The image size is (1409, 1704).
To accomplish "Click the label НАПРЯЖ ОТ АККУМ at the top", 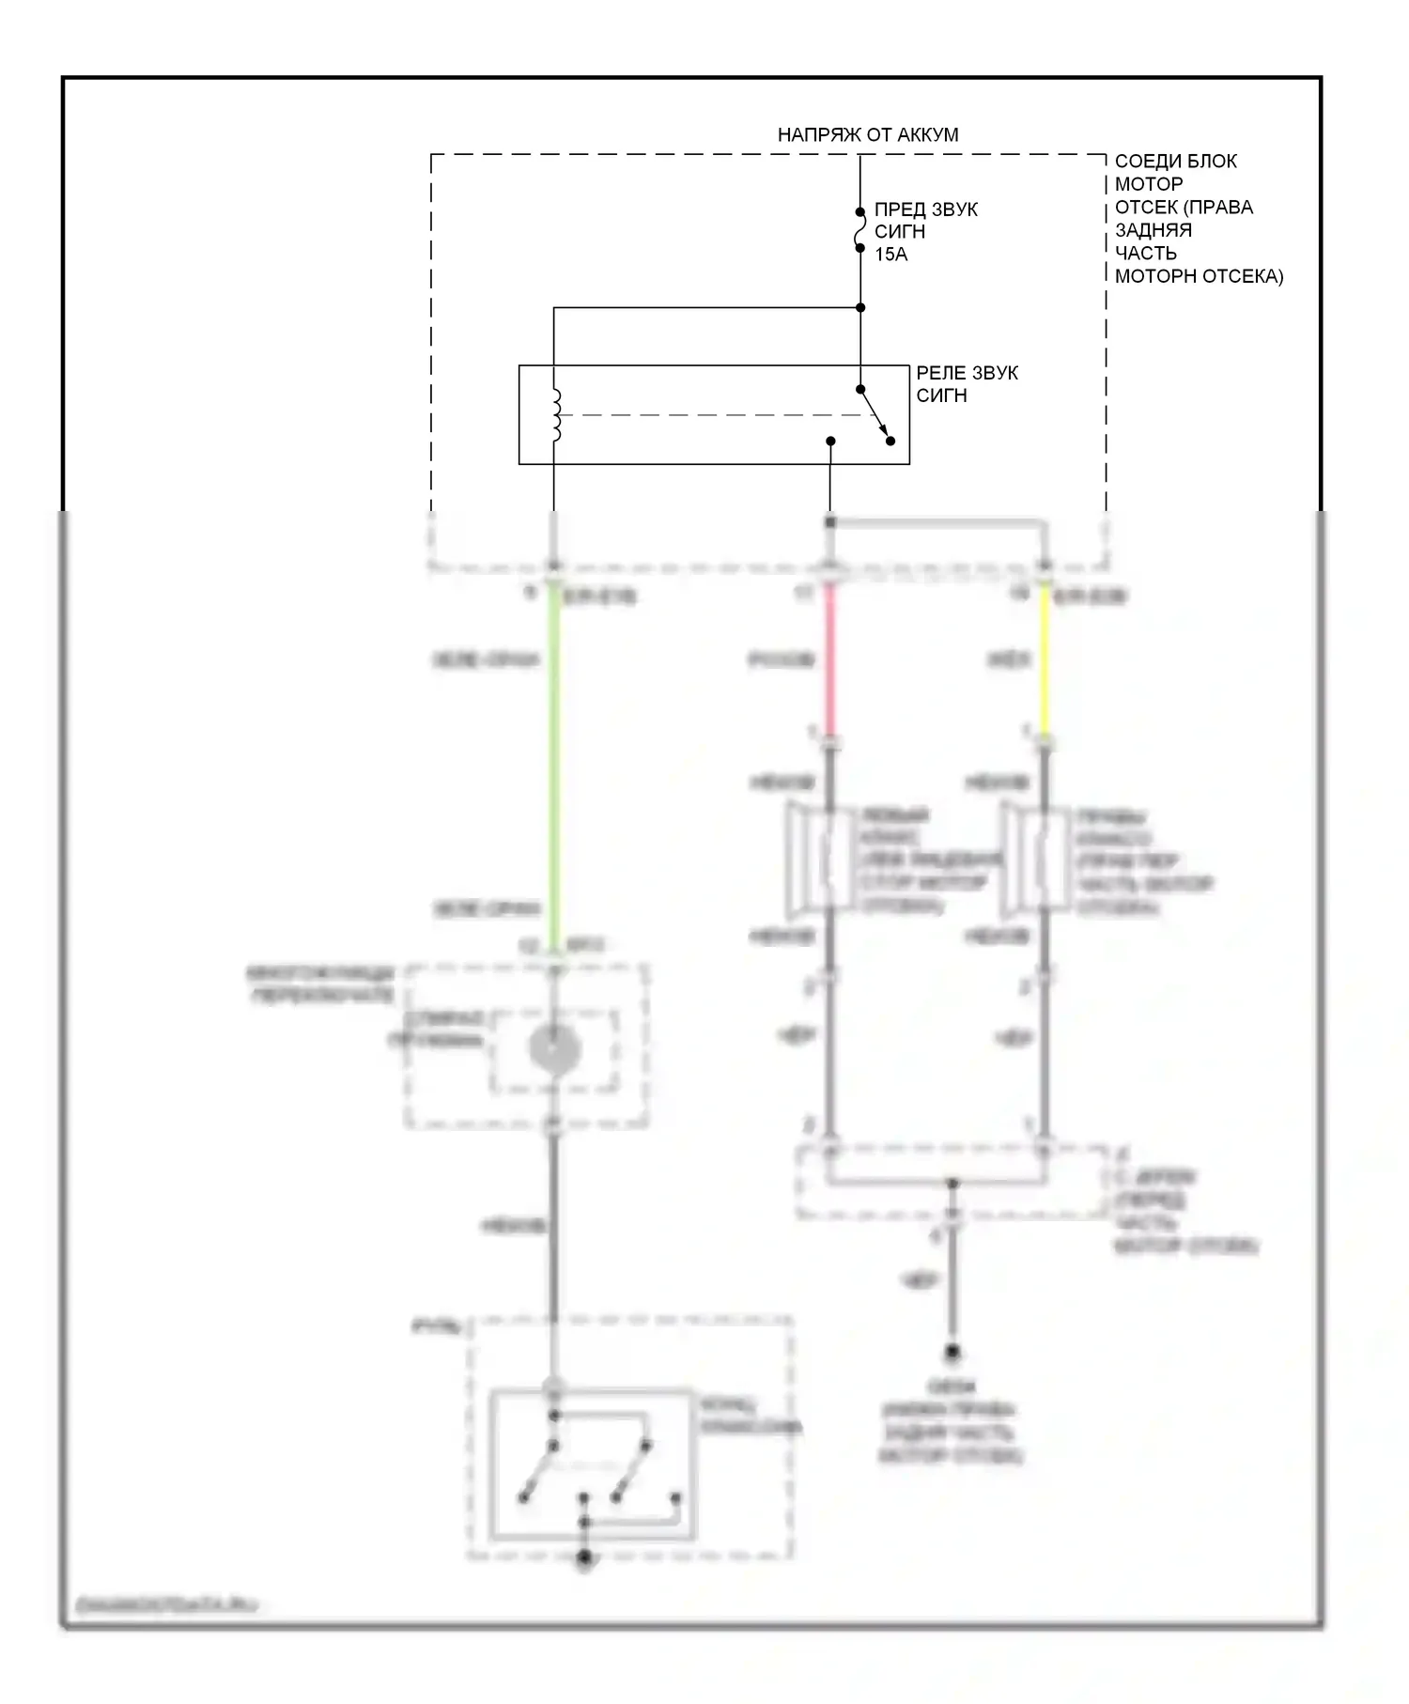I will (x=867, y=135).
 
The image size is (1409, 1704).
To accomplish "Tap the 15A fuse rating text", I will (x=890, y=255).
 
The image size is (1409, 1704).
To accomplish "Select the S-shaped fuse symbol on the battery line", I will (x=859, y=231).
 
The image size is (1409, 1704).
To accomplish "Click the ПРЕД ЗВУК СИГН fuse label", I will (x=925, y=221).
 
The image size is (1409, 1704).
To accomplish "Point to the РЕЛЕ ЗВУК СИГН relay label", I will (x=967, y=384).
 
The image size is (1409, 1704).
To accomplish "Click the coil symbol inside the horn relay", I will (x=555, y=414).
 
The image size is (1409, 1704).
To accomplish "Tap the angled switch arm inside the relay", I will (x=875, y=414).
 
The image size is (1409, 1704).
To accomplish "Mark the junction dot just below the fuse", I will (x=860, y=307).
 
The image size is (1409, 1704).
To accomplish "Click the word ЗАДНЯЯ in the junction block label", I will (x=1153, y=230).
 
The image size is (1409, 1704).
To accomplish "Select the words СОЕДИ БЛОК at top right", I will (x=1175, y=162).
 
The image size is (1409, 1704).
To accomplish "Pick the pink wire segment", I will (x=829, y=662).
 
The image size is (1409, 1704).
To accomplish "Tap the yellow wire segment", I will (x=1044, y=662).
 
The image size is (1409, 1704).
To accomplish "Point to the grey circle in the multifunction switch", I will (x=554, y=1048).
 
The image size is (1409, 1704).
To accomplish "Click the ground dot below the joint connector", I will (x=952, y=1353).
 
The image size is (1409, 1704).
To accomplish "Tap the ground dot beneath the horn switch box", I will (x=584, y=1558).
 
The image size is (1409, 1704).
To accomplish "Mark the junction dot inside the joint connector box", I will (x=952, y=1183).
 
